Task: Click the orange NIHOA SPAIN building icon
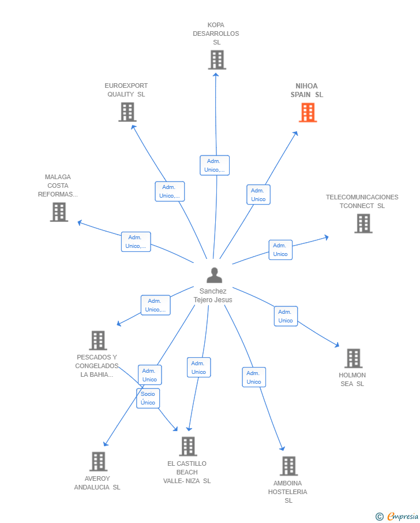pos(307,113)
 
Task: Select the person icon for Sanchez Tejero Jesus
pos(214,275)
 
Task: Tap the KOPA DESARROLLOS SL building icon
pos(217,60)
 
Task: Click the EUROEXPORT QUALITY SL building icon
pos(127,112)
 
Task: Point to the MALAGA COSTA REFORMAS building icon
pos(59,212)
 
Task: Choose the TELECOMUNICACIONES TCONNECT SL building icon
pos(363,224)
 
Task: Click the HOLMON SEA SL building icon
pos(354,358)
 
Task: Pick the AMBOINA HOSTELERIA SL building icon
pos(289,466)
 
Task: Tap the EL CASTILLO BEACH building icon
pos(188,446)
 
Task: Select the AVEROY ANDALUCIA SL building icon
pos(99,462)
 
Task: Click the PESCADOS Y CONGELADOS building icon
pos(98,340)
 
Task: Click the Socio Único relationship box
pos(148,398)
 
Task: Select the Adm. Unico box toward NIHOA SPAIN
pos(258,195)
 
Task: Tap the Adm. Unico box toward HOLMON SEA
pos(286,316)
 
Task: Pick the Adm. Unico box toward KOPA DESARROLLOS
pos(215,165)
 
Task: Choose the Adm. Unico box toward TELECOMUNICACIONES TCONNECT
pos(280,250)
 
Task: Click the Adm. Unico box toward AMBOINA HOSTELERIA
pos(254,377)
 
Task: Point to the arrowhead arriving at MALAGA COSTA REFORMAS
pos(80,222)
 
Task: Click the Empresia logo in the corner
pos(397,516)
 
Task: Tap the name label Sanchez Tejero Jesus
pos(213,295)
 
